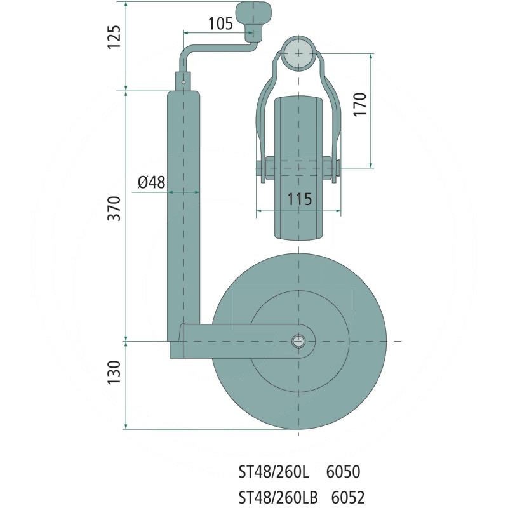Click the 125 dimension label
point(114,39)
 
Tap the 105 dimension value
point(220,23)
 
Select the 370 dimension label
point(114,207)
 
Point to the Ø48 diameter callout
point(151,182)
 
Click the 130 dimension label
point(114,373)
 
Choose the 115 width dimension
point(298,199)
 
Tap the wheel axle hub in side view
point(298,341)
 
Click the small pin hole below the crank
point(184,81)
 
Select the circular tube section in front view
point(298,53)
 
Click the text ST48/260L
point(272,472)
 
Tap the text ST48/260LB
point(277,497)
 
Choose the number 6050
point(343,472)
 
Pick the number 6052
point(347,497)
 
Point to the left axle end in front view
point(261,168)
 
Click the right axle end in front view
point(337,168)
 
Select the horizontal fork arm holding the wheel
point(241,342)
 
